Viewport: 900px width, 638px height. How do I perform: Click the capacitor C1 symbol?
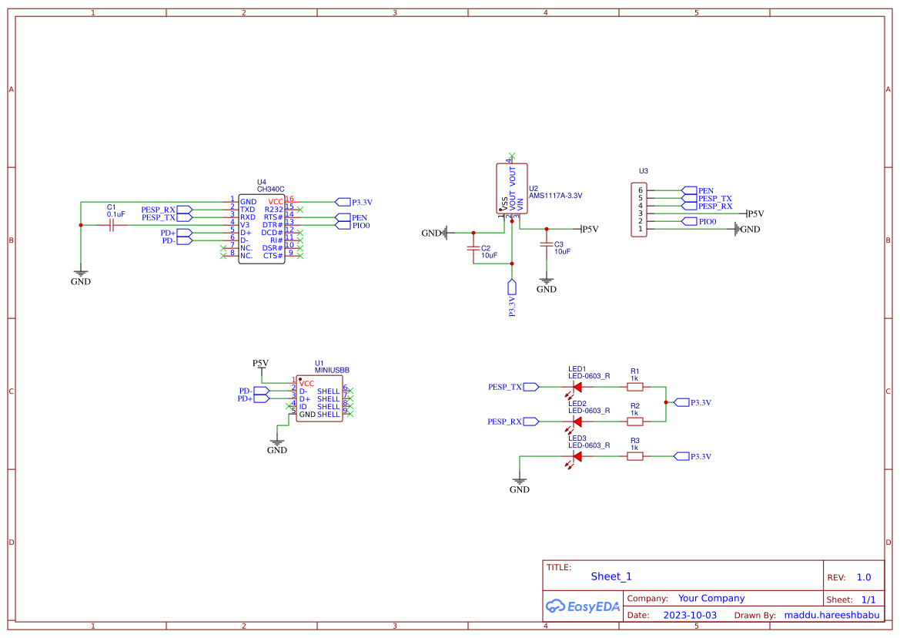[x=112, y=225]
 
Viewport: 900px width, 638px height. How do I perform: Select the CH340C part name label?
[x=270, y=189]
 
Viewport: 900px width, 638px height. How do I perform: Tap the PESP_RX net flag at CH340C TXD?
[x=165, y=210]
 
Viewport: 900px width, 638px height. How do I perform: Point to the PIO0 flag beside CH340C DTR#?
[x=355, y=226]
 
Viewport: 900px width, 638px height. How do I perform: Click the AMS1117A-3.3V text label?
[x=555, y=196]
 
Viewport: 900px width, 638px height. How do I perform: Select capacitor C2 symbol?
[x=473, y=249]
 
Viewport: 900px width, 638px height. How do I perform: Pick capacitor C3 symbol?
[x=547, y=245]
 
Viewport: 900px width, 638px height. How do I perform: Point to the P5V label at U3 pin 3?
[x=755, y=214]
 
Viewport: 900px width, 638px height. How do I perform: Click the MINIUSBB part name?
[x=332, y=370]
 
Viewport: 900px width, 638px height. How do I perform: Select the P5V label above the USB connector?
[x=261, y=363]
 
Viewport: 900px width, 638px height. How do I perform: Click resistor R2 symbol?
[x=635, y=421]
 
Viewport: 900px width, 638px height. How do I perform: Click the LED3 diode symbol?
[x=577, y=456]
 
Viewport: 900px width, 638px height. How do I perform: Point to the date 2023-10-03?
[x=690, y=616]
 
